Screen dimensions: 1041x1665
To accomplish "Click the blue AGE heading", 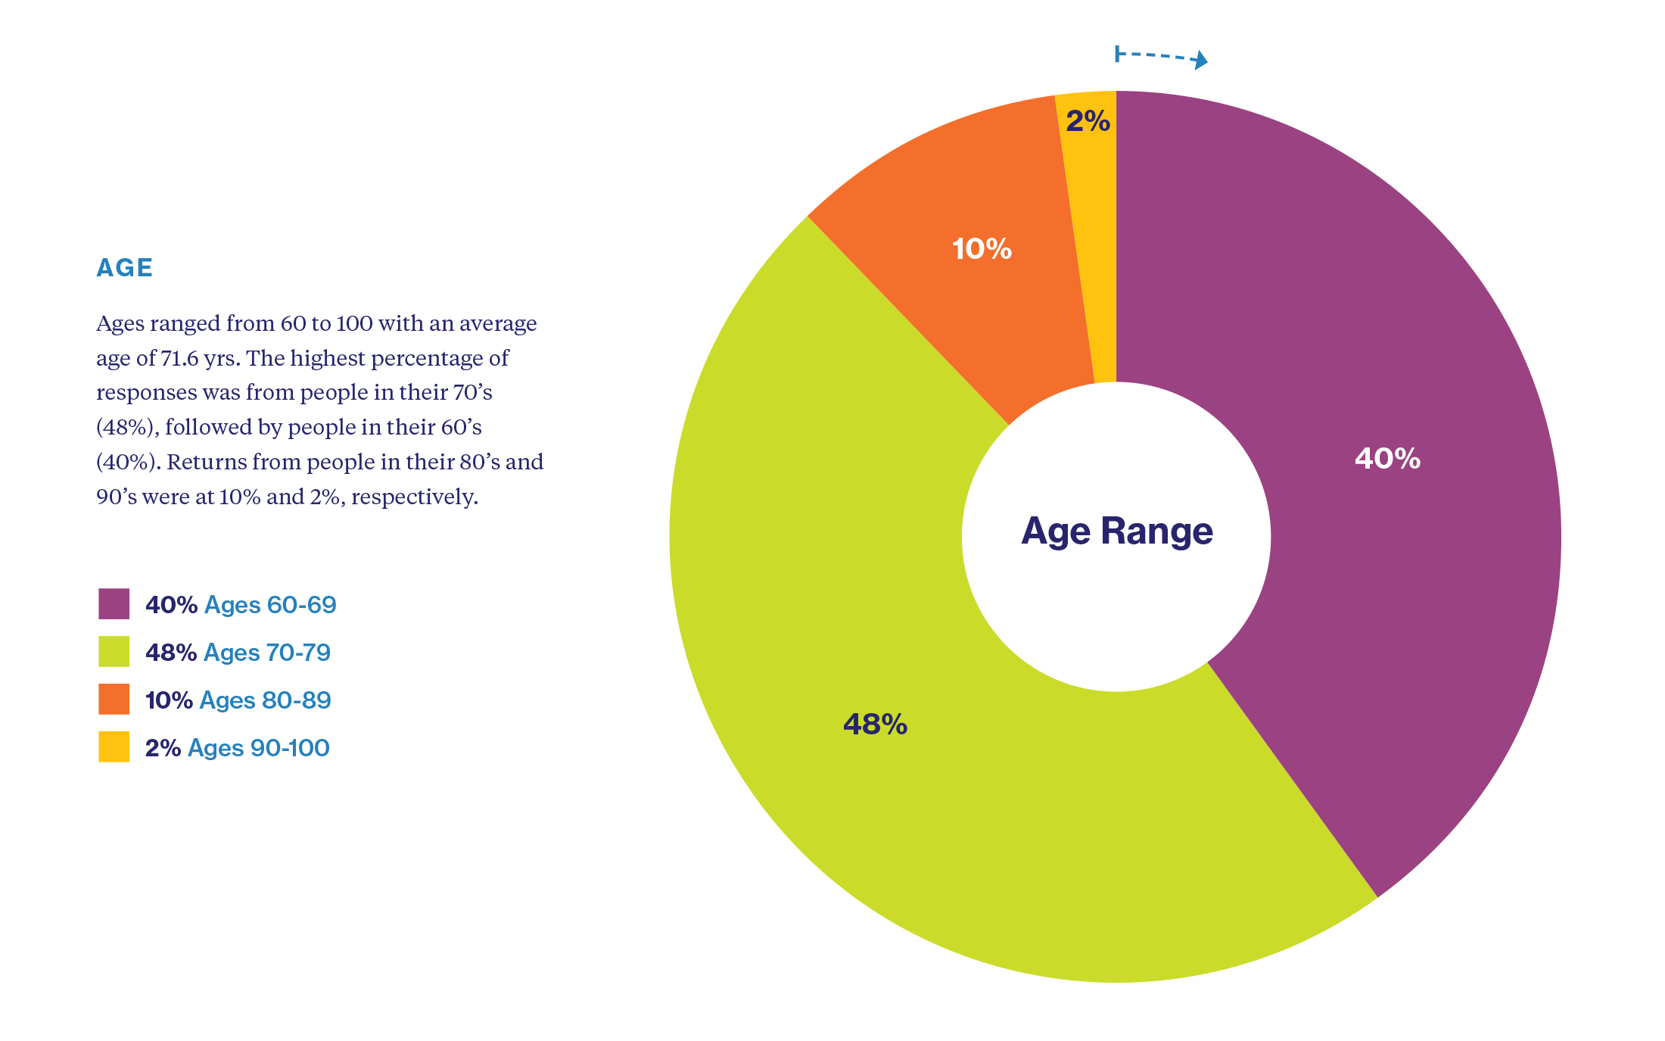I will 125,268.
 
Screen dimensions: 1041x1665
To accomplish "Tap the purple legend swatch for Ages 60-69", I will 114,604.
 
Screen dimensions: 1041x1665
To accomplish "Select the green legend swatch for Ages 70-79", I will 114,652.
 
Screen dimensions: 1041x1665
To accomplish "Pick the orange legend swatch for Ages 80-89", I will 114,700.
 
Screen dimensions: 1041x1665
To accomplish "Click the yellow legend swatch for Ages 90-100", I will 114,747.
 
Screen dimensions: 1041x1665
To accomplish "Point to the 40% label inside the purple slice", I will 1387,459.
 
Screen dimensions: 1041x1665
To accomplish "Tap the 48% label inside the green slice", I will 875,725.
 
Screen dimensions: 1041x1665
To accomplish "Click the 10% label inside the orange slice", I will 982,249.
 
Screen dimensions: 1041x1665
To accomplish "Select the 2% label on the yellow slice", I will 1088,121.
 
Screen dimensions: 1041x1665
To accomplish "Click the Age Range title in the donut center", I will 1117,531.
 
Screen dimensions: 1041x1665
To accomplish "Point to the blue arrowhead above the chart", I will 1200,60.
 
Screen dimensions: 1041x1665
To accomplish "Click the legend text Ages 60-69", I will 270,605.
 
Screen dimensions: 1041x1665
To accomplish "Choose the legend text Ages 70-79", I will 267,653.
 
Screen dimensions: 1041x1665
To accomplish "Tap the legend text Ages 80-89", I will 265,700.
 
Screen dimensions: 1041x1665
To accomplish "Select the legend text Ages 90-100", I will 259,748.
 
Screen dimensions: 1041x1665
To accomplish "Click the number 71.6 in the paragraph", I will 179,358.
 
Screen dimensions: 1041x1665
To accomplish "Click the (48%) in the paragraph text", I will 126,428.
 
